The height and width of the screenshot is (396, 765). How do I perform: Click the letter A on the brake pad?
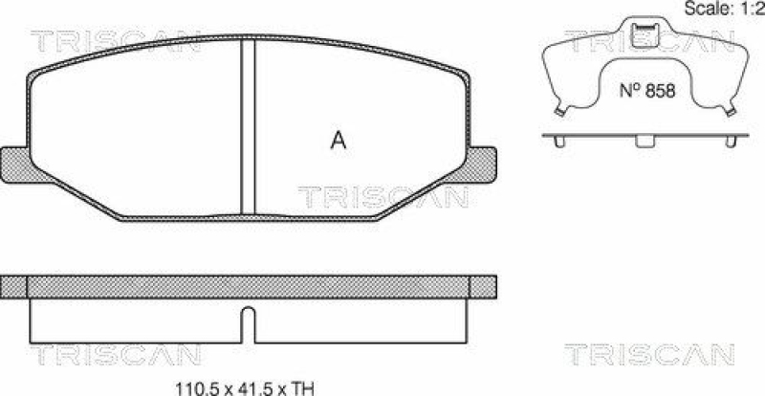click(x=338, y=141)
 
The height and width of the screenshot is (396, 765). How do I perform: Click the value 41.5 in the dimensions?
click(x=237, y=387)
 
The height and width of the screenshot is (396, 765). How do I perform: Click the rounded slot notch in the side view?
click(x=248, y=319)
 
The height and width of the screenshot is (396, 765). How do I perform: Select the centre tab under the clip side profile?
click(x=643, y=143)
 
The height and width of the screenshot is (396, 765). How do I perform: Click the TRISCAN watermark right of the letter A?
click(x=383, y=197)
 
